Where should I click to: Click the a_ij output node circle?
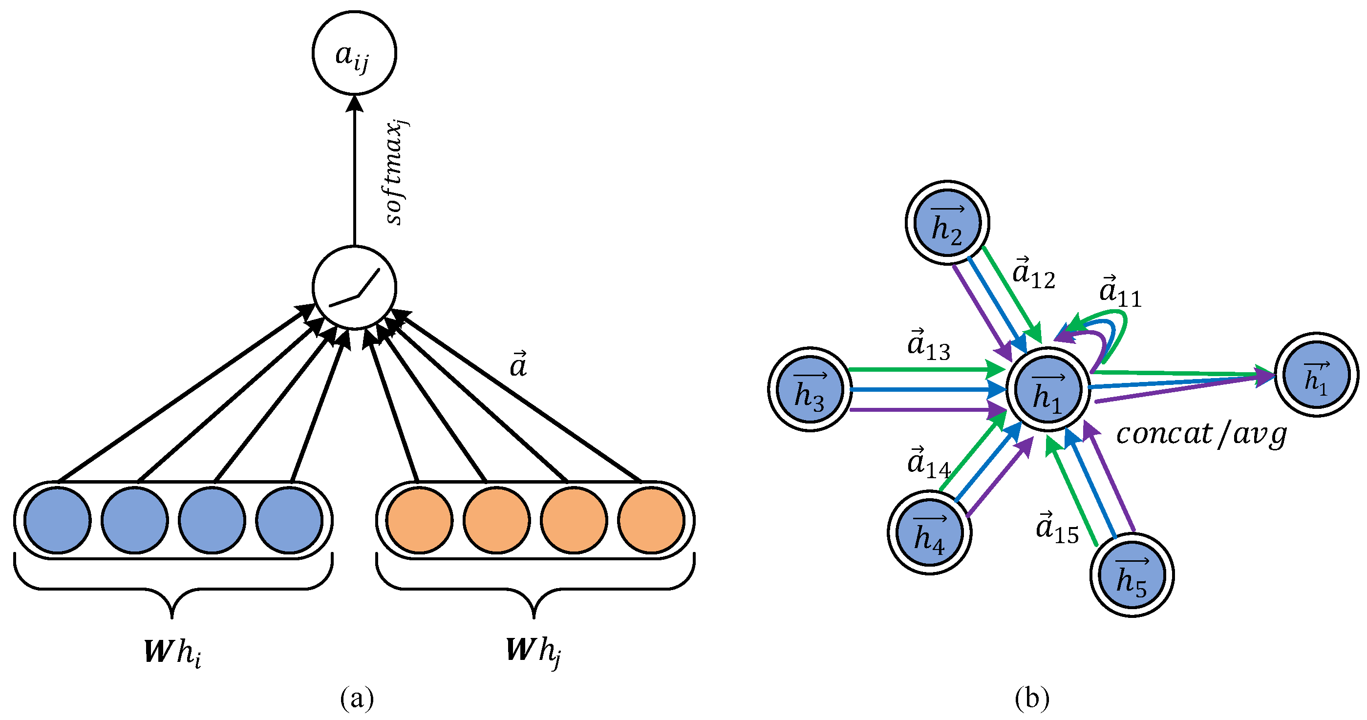(x=354, y=53)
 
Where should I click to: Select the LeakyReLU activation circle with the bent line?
(x=354, y=287)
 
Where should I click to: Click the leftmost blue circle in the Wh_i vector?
(x=57, y=520)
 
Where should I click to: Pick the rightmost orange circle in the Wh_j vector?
(x=651, y=520)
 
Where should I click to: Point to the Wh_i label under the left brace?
(x=172, y=652)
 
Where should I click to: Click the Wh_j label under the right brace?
(x=534, y=651)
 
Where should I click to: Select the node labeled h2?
(x=947, y=222)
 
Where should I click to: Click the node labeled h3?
(x=810, y=389)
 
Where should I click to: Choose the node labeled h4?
(x=929, y=532)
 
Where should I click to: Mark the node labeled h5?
(x=1132, y=575)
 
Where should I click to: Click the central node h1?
(x=1048, y=389)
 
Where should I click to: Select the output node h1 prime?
(x=1317, y=375)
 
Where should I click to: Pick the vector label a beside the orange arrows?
(x=518, y=365)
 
